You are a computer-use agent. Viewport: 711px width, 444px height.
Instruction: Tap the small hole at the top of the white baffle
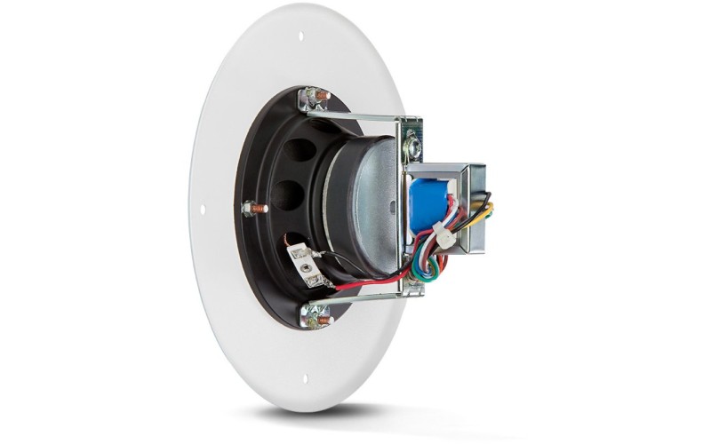point(300,36)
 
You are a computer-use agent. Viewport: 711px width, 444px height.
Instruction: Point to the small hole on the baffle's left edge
point(202,210)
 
